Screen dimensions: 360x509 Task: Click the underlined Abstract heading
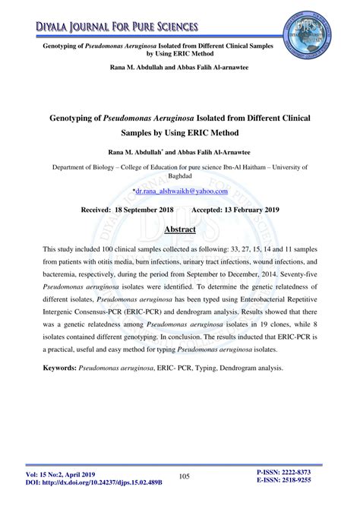click(x=180, y=229)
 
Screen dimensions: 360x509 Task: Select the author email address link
click(x=181, y=193)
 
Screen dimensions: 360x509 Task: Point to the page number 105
click(x=184, y=476)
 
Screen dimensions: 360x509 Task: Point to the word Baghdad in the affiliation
click(x=180, y=173)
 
